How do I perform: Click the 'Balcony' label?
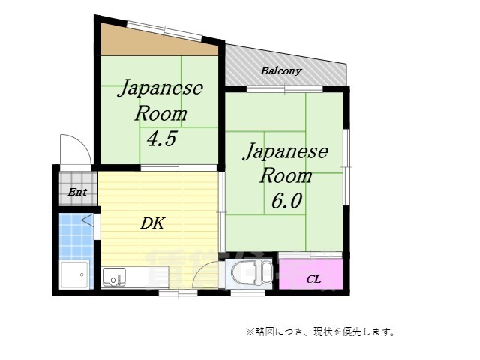click(281, 71)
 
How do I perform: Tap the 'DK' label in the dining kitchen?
click(151, 223)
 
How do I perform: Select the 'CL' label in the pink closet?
click(313, 279)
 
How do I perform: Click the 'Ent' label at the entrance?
click(77, 192)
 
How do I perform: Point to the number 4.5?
click(161, 139)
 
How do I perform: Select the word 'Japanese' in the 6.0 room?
click(286, 152)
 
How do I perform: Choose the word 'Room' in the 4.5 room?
click(161, 114)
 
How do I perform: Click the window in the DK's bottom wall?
click(178, 292)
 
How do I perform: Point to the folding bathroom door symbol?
click(90, 220)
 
